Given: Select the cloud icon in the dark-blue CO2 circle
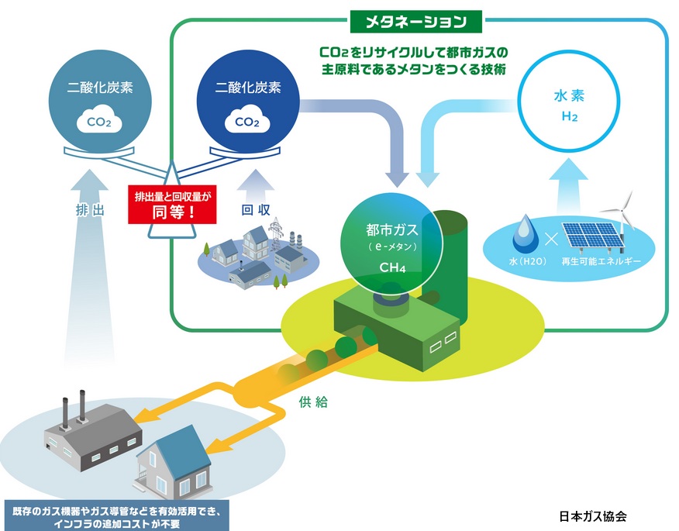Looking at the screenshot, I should tap(246, 122).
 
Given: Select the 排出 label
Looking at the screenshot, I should tap(90, 209).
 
